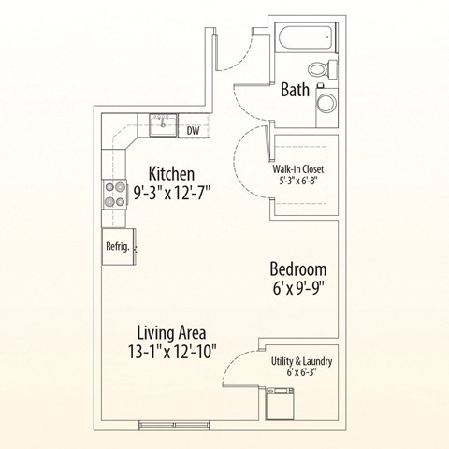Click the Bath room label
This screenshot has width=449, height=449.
pyautogui.click(x=296, y=91)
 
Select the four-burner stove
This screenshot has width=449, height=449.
pyautogui.click(x=115, y=194)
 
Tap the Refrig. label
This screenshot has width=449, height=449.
pyautogui.click(x=117, y=247)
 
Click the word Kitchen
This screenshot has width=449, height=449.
pyautogui.click(x=172, y=174)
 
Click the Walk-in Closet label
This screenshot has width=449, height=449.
pyautogui.click(x=298, y=169)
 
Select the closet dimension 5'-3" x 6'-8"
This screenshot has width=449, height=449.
pyautogui.click(x=299, y=182)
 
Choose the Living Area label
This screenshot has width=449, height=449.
pyautogui.click(x=171, y=332)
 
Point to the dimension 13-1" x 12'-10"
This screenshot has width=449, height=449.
pyautogui.click(x=171, y=354)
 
